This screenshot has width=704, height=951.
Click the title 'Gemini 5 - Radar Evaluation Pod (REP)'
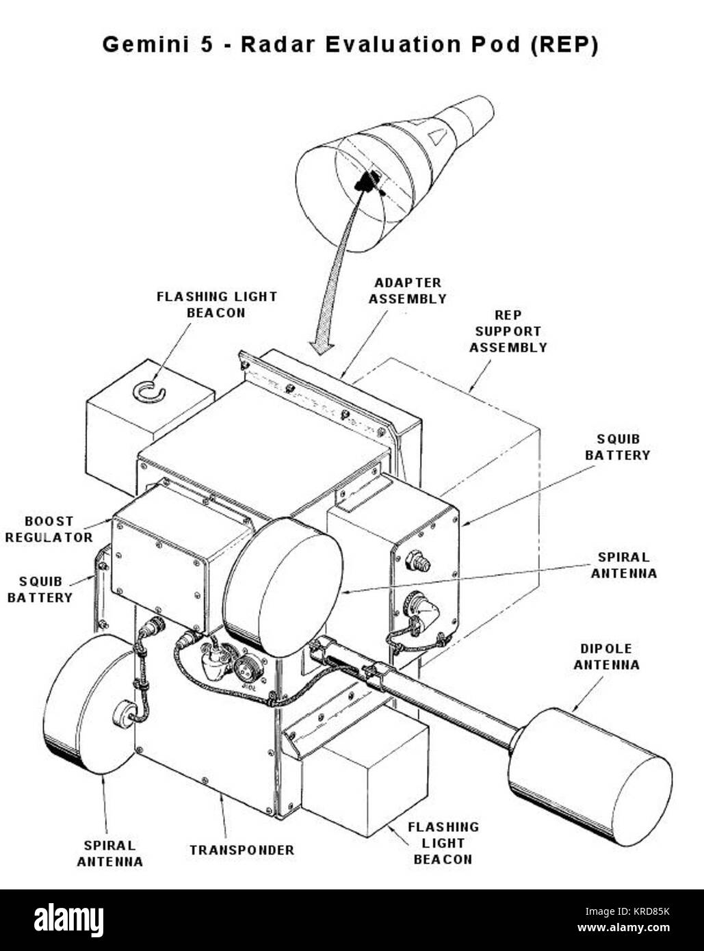pyautogui.click(x=350, y=45)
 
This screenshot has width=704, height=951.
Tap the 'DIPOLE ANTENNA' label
pyautogui.click(x=606, y=657)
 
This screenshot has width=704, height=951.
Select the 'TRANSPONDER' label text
pyautogui.click(x=242, y=850)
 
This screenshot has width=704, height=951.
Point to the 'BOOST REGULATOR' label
pyautogui.click(x=49, y=530)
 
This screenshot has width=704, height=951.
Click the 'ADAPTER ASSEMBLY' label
pyautogui.click(x=407, y=291)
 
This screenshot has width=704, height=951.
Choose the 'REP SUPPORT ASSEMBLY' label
pyautogui.click(x=508, y=331)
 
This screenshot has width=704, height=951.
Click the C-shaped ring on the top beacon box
pyautogui.click(x=148, y=391)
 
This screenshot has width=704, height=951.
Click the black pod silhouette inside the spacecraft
pyautogui.click(x=368, y=181)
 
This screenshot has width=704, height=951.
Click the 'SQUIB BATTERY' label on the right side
pyautogui.click(x=617, y=447)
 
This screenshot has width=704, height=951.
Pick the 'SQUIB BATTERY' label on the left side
pyautogui.click(x=40, y=590)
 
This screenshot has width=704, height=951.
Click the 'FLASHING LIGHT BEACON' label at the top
pyautogui.click(x=216, y=304)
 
